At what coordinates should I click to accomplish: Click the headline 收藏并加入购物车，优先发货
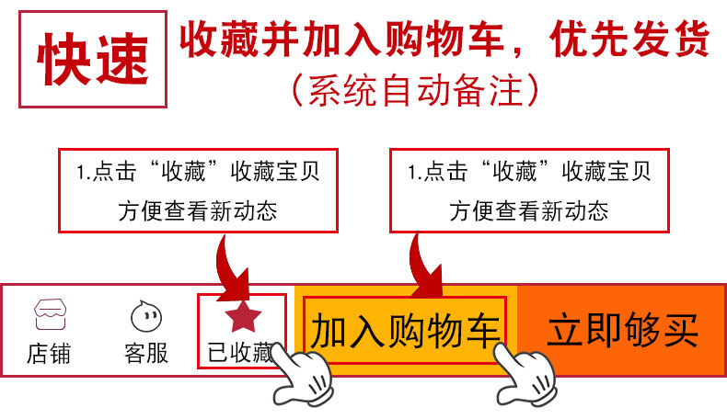click(x=444, y=40)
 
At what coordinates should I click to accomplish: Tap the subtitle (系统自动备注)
click(x=413, y=90)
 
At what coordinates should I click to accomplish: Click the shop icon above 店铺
click(x=50, y=314)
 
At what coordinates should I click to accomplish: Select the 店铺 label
click(x=50, y=353)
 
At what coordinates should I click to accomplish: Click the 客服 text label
click(x=146, y=353)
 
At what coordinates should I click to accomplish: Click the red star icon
click(x=245, y=315)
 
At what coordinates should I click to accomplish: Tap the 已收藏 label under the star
click(x=240, y=353)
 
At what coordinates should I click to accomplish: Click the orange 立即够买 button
click(x=623, y=330)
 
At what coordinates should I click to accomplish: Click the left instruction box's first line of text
click(x=198, y=172)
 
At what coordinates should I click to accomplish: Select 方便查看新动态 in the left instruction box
click(x=198, y=211)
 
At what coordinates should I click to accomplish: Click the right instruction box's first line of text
click(x=529, y=172)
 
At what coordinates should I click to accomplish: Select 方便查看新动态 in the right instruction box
click(x=529, y=211)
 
